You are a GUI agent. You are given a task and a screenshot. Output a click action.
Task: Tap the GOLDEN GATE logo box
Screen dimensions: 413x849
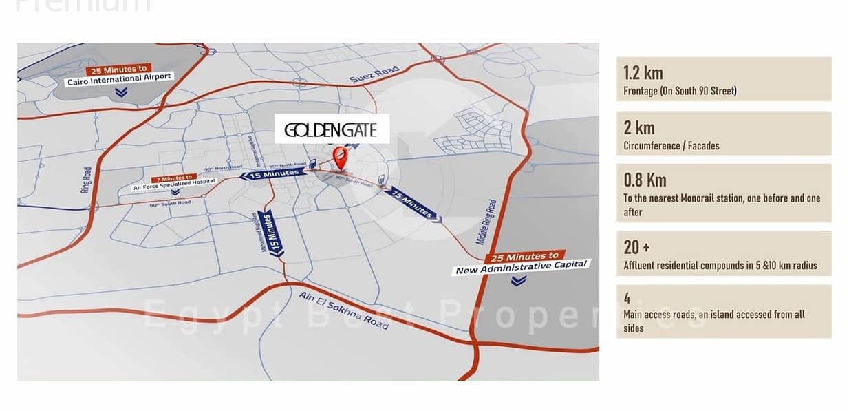332,129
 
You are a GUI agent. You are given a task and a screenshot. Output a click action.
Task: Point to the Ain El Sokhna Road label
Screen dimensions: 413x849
343,310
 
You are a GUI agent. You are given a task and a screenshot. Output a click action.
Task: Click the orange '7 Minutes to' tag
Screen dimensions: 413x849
160,177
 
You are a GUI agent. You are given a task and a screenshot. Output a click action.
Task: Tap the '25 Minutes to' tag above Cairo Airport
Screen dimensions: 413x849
116,70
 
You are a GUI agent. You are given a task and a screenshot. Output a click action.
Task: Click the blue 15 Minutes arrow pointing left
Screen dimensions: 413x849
270,174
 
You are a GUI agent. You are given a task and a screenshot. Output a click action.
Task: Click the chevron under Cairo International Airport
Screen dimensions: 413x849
121,92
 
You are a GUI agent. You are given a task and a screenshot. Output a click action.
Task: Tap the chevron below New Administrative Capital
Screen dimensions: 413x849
519,280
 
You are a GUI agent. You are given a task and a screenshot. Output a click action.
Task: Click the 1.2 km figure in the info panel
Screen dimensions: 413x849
643,72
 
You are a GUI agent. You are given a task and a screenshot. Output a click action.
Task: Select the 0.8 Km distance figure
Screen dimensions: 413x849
645,180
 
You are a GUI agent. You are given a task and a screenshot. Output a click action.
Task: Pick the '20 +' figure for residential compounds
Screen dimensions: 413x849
632,247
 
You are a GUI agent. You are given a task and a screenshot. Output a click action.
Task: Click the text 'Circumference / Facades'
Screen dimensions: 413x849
671,146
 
